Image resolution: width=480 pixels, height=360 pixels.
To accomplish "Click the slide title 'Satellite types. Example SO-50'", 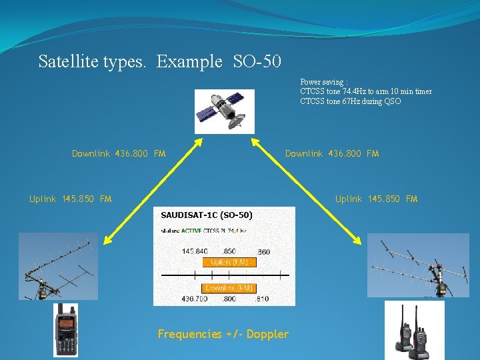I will click(160, 62).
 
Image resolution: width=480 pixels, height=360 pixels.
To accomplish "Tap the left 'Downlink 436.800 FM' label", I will click(119, 154).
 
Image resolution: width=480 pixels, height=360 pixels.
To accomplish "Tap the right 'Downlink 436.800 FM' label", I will click(331, 154).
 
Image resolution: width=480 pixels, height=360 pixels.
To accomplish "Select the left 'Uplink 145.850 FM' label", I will click(71, 199).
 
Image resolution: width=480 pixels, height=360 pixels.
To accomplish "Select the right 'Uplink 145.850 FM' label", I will click(376, 199).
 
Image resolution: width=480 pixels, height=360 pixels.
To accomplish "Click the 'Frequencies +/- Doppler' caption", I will click(223, 334).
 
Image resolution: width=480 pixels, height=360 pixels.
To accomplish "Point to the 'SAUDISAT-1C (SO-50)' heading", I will click(207, 215).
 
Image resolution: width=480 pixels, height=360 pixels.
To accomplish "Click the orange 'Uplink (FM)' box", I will click(230, 262).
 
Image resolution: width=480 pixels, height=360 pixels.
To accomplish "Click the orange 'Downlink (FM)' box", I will click(229, 288).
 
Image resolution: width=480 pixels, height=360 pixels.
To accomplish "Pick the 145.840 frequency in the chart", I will click(195, 251).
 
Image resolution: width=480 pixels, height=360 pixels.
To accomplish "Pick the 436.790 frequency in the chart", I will click(195, 299).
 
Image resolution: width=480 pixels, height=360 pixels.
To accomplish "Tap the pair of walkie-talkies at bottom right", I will click(413, 329).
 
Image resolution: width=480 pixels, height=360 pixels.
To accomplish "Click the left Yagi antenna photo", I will click(58, 266).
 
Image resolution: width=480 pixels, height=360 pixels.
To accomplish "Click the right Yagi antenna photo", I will click(418, 265).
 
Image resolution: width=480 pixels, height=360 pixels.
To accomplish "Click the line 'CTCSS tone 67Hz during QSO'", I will click(351, 101).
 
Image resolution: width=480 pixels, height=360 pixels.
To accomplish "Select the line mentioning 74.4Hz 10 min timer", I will click(366, 92).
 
